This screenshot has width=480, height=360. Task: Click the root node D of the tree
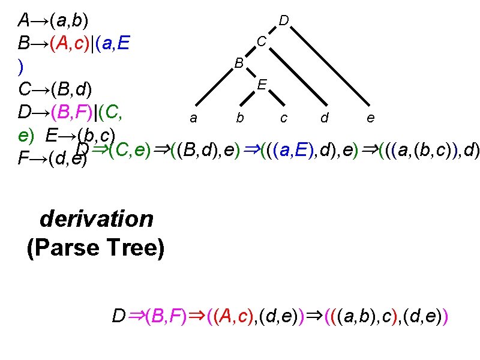285,21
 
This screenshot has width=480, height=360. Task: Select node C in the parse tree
262,41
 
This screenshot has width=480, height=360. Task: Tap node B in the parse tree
239,63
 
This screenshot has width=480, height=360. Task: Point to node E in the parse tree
262,85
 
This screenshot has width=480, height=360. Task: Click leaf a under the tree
193,118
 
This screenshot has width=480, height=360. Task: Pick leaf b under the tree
239,118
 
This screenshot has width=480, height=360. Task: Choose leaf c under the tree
283,118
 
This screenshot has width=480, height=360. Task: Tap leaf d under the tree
325,118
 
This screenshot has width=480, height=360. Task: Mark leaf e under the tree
371,118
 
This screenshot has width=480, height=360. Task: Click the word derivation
97,218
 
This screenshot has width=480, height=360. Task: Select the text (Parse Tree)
96,247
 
